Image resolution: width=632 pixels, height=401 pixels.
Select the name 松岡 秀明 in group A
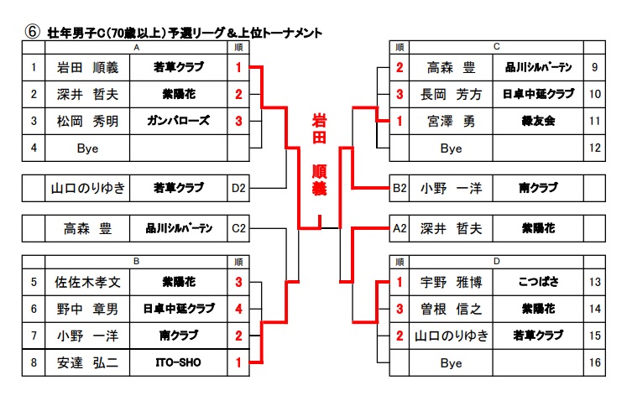[87, 121]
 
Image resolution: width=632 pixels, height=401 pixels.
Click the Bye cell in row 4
[87, 148]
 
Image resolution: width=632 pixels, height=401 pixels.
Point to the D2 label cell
[239, 188]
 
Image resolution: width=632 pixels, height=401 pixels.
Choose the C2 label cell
[239, 227]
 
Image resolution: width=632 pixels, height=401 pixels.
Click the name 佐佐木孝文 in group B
[87, 282]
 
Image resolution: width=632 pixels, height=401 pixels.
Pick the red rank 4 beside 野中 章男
[239, 309]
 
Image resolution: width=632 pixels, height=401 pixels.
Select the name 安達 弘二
[87, 362]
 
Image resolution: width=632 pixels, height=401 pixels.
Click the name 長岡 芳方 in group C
[451, 94]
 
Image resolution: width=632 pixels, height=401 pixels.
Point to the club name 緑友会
[537, 121]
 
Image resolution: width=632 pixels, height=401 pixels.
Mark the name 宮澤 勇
[451, 121]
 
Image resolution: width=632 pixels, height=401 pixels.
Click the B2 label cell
[400, 188]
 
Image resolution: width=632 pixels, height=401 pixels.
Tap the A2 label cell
[400, 227]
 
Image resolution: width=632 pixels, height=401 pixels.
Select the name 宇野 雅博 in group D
[451, 282]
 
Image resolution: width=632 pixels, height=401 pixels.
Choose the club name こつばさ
[537, 282]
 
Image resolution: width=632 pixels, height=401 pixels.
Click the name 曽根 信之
[451, 309]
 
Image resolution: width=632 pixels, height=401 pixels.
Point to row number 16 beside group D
[594, 362]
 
